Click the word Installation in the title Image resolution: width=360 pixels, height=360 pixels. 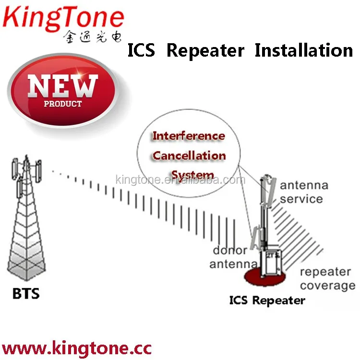tap(303, 50)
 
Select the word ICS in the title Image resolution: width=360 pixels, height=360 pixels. tap(141, 50)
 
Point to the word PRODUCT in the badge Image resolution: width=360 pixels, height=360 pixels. tap(63, 103)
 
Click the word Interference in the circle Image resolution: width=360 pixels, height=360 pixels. tap(188, 136)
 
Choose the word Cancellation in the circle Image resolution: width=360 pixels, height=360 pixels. tap(189, 156)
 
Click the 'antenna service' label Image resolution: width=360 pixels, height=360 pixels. tap(304, 192)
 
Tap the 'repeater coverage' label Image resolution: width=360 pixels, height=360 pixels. tap(327, 278)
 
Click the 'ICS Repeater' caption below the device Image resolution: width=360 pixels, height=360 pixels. tap(267, 300)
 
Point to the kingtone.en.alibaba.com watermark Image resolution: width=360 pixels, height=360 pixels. tap(180, 180)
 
